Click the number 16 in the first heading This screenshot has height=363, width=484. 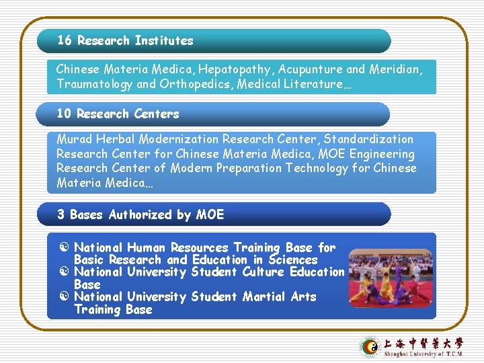[65, 40]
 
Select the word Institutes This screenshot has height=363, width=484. [163, 40]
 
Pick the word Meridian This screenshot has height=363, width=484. [396, 69]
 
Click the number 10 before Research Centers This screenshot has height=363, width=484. [64, 114]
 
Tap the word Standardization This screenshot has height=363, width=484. [368, 139]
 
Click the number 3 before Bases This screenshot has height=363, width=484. [61, 214]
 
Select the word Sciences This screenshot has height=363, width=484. [292, 259]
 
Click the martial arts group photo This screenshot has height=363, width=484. [391, 278]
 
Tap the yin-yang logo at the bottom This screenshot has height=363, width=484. [370, 347]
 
